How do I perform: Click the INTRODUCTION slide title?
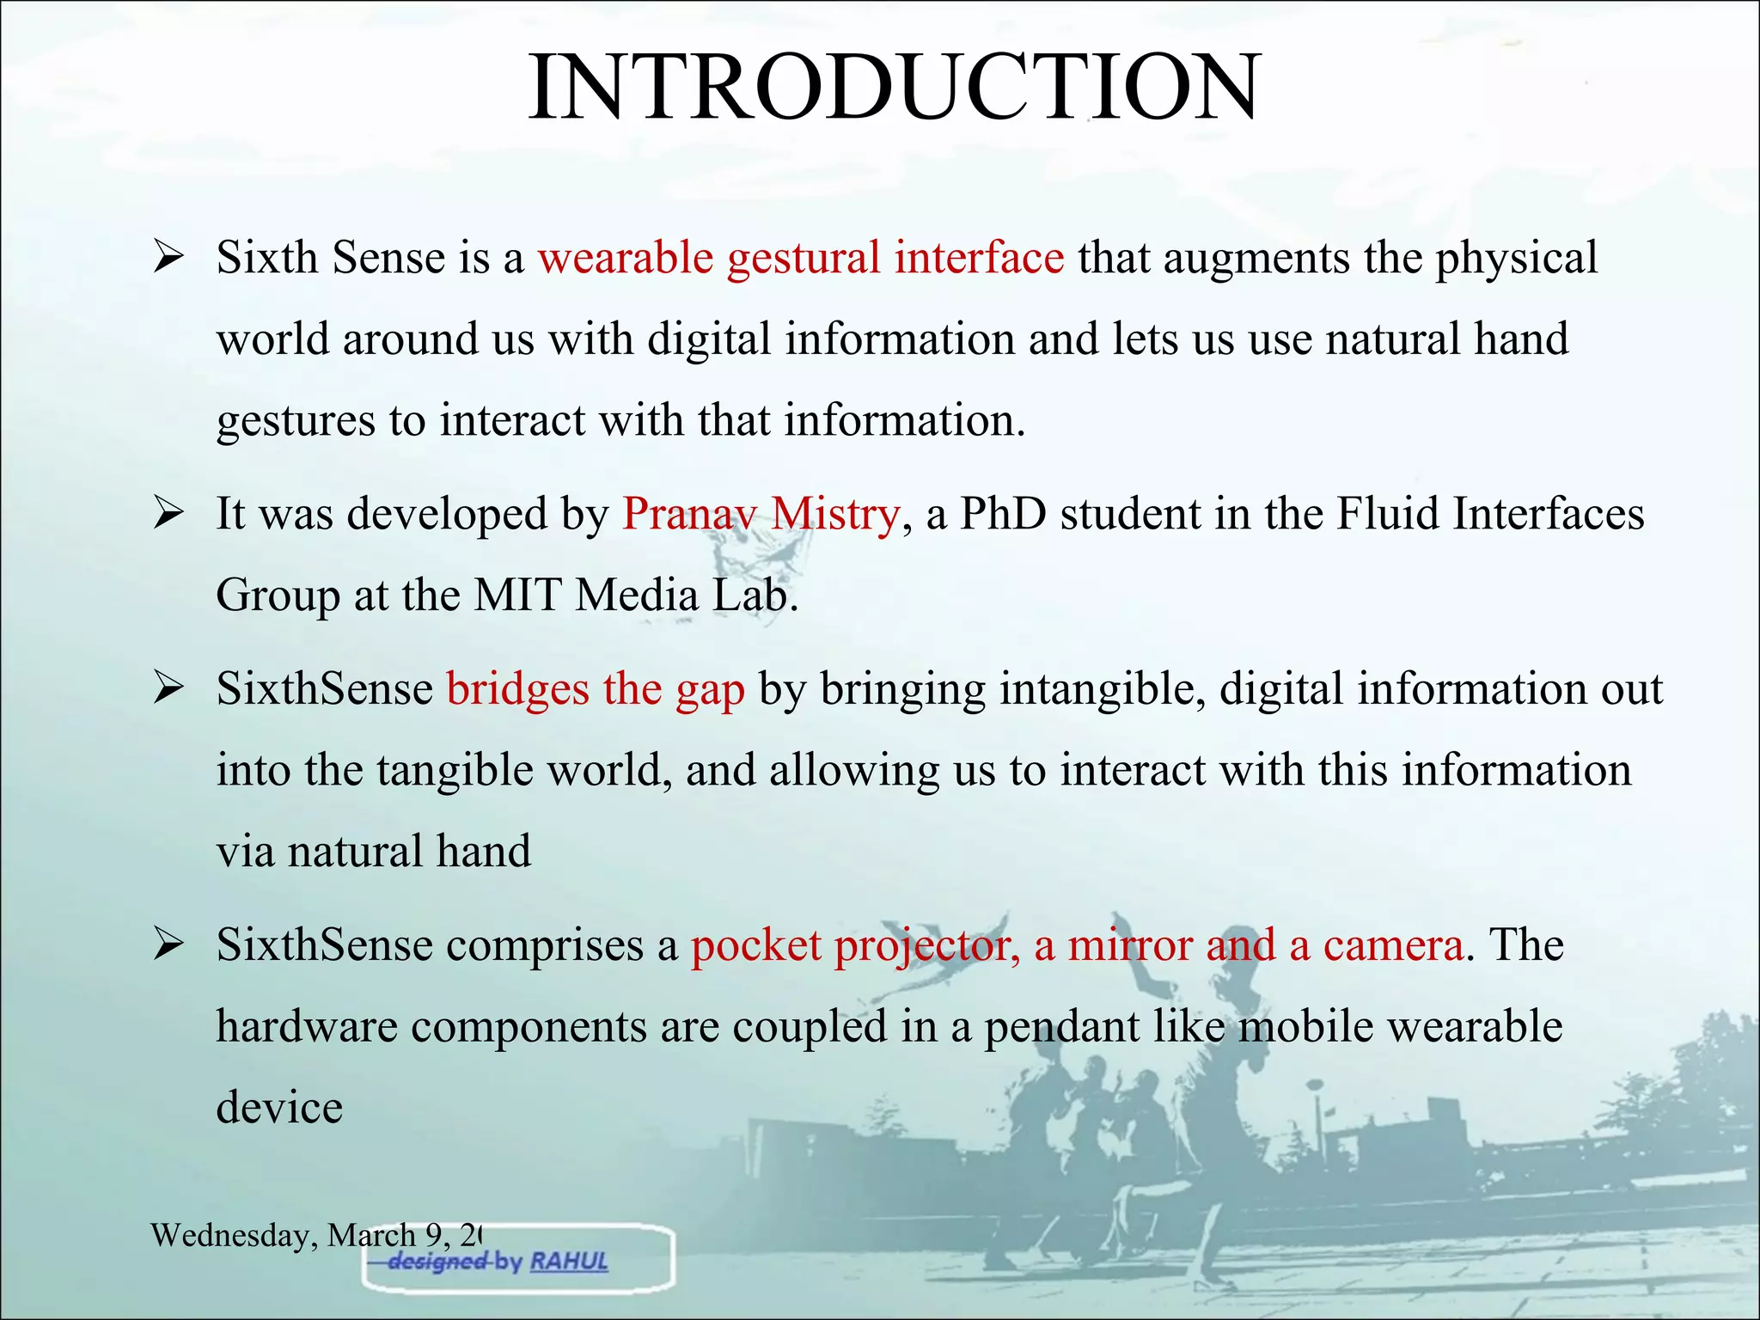tap(894, 89)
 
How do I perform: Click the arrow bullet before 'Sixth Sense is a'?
tap(168, 258)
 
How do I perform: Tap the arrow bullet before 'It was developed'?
tap(168, 514)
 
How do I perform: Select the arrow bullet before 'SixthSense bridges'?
tap(168, 689)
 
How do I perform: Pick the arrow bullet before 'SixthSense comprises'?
tap(168, 945)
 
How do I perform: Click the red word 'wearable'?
tap(626, 258)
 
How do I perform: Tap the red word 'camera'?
tap(1393, 945)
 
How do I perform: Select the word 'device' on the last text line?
tap(279, 1107)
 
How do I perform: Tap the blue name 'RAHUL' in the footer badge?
tap(569, 1262)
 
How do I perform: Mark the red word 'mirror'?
tap(1129, 945)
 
